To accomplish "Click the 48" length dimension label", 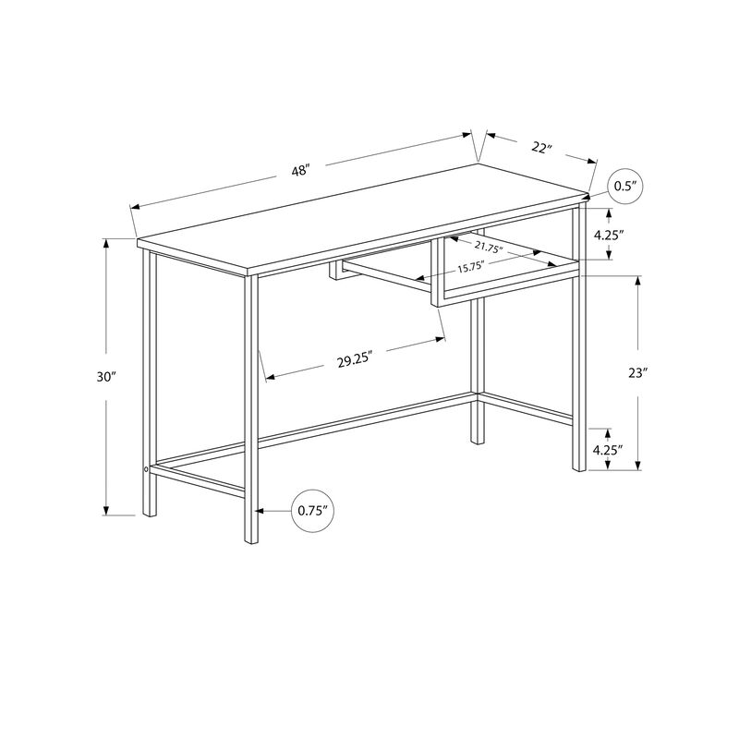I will [299, 171].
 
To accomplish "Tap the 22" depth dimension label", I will [541, 148].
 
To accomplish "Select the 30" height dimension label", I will [107, 377].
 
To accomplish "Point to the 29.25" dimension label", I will [354, 360].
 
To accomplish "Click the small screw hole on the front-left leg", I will [146, 471].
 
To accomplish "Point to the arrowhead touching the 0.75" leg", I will [260, 509].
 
